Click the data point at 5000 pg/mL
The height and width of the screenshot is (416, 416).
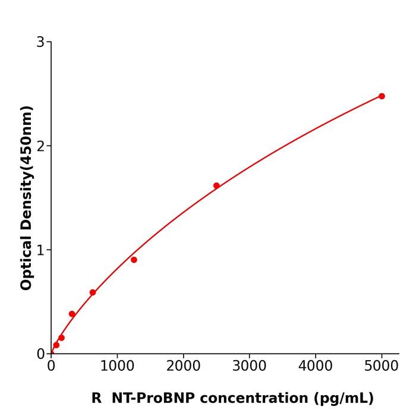(382, 96)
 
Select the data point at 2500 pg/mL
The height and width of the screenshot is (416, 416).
(216, 185)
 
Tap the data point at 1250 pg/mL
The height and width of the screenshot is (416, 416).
(134, 260)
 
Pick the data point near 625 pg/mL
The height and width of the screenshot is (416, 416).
(93, 292)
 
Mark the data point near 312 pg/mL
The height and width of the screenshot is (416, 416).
(72, 314)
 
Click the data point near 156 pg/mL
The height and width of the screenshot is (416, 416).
(61, 338)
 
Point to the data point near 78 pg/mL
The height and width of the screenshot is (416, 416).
(56, 345)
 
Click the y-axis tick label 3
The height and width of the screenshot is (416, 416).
(40, 42)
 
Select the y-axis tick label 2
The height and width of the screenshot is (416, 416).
(40, 146)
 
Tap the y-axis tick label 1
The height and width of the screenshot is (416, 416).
(40, 250)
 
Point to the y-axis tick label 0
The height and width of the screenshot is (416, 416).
(40, 354)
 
